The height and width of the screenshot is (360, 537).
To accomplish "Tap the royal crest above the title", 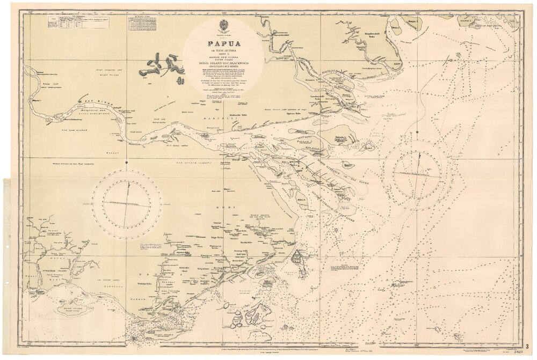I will (224, 25).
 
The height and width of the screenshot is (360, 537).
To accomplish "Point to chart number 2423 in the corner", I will (519, 352).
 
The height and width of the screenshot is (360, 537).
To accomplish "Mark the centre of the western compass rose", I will (127, 203).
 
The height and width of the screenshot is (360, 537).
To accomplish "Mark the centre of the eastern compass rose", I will (418, 173).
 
